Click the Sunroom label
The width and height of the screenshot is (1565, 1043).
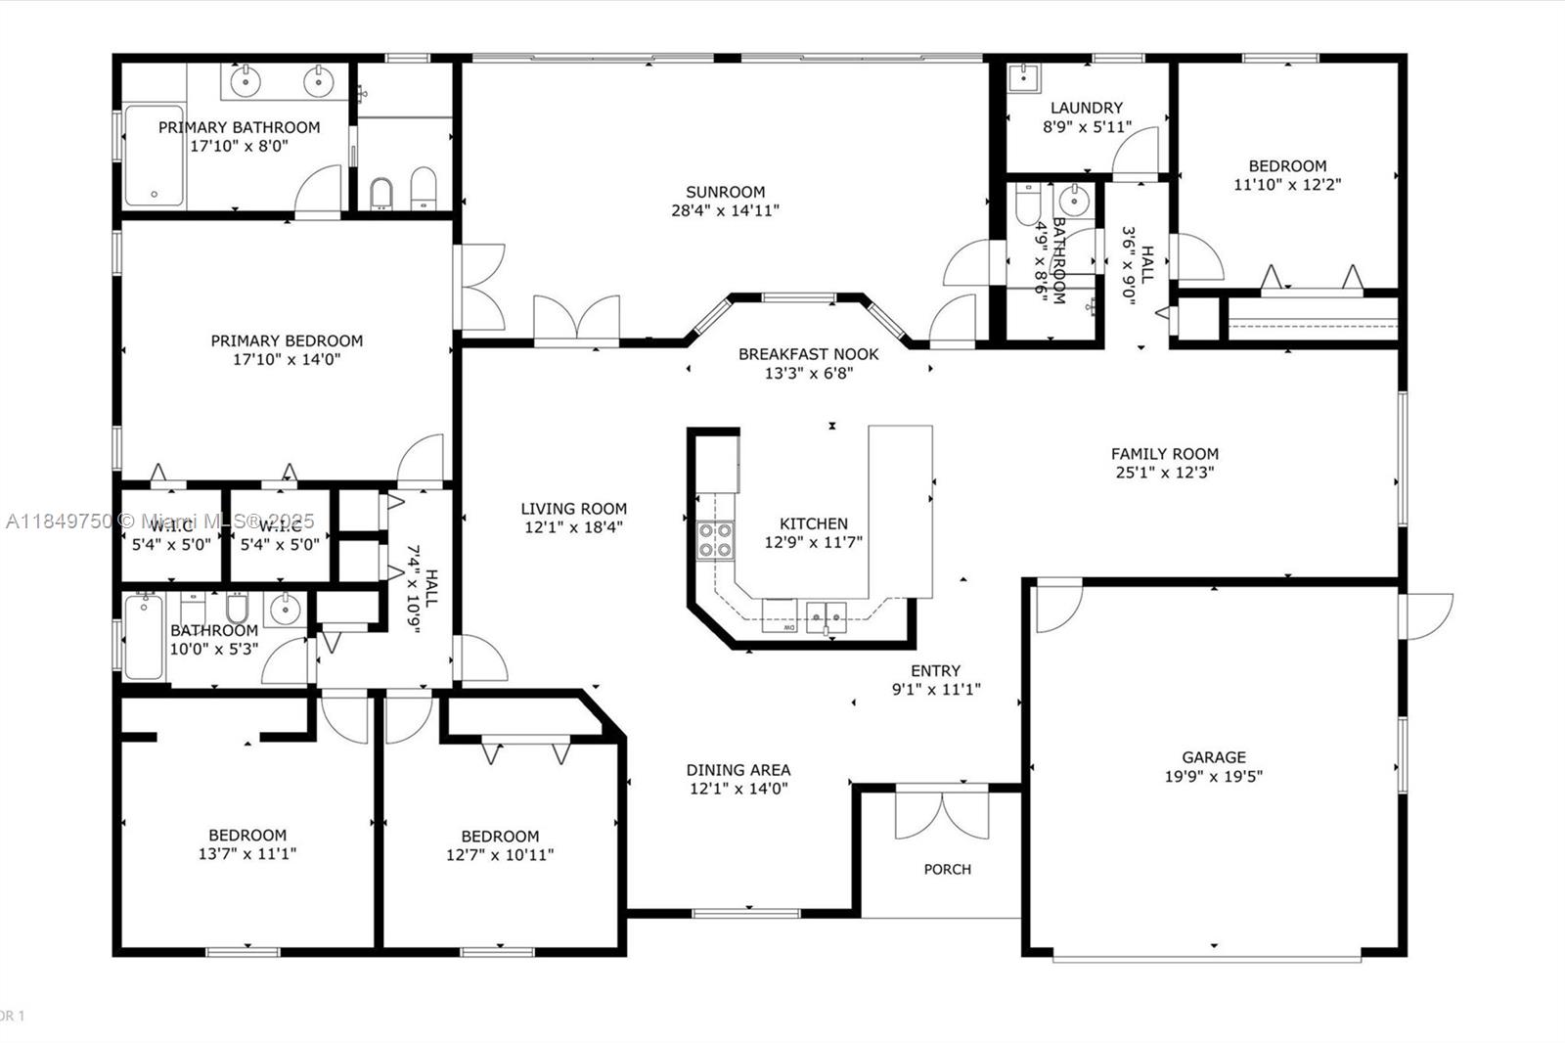point(725,192)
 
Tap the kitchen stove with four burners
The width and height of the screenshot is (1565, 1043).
point(715,541)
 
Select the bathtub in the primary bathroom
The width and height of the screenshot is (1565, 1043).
point(154,156)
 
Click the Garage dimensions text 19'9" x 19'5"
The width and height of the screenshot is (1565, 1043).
point(1213,776)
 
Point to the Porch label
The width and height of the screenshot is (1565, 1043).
point(947,869)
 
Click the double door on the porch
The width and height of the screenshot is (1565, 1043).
point(942,815)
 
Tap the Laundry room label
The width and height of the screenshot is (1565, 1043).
point(1086,108)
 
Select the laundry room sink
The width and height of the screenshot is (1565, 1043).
point(1024,76)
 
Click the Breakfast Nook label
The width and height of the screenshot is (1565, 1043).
point(808,354)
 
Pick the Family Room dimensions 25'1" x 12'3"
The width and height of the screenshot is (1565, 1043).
point(1164,473)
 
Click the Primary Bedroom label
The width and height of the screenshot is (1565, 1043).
point(287,340)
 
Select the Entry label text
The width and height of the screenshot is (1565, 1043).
point(935,670)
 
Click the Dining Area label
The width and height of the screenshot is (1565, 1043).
point(738,770)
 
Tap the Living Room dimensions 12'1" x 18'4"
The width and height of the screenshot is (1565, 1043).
point(573,527)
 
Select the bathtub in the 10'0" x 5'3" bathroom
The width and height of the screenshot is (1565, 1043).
point(144,639)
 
